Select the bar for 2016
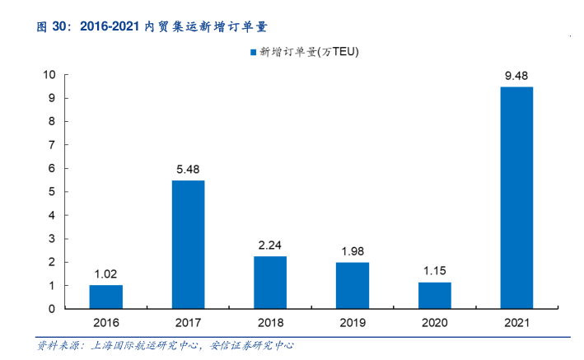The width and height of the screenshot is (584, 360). point(105,297)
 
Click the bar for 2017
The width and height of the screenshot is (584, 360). point(188,245)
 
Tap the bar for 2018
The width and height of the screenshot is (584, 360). point(270,283)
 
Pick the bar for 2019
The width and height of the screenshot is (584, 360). point(352,286)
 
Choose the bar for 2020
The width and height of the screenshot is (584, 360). point(434,296)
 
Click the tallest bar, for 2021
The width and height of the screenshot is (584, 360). point(516,198)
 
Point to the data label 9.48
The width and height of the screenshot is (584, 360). point(516,76)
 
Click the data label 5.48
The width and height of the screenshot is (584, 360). point(188,170)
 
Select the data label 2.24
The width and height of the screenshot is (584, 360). point(270,245)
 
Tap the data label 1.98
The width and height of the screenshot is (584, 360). point(352,252)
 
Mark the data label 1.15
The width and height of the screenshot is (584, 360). point(434,271)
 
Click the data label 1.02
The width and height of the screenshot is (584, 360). point(105,274)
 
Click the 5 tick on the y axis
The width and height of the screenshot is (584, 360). point(52,192)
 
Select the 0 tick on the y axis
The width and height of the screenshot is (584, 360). point(52,309)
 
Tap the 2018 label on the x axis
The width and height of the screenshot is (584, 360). point(270,323)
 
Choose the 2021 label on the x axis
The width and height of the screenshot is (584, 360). point(516,323)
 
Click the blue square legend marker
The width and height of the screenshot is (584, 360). point(252,51)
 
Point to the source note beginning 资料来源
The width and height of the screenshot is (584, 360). point(165,345)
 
